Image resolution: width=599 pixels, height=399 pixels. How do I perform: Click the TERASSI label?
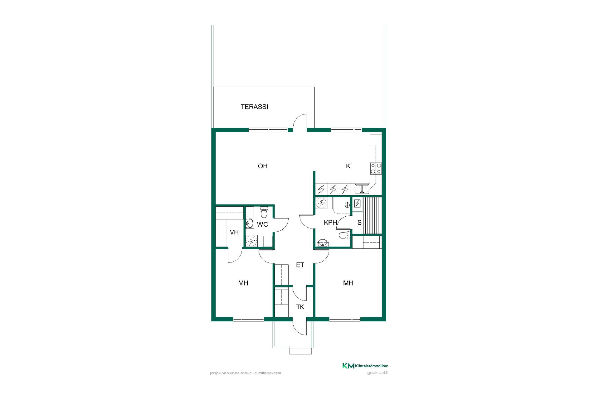coord(254,107)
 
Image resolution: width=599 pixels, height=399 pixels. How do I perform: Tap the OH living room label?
coord(263,166)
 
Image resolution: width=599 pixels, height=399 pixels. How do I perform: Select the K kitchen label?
coord(348,166)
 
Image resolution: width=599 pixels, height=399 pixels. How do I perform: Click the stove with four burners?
coord(376,168)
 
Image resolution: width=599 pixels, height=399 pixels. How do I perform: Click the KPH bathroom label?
coord(330,223)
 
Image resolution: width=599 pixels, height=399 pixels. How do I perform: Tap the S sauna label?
coord(359,223)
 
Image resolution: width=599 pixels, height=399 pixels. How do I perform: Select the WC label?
coord(262,224)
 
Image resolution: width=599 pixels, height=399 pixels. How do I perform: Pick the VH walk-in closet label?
coord(234,232)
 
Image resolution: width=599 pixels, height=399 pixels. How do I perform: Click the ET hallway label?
coord(300,265)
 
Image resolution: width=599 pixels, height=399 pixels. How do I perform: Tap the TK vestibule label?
coord(300,307)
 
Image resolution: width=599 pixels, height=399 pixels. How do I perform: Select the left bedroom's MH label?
coord(243,283)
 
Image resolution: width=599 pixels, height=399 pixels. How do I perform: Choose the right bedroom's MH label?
coord(348,283)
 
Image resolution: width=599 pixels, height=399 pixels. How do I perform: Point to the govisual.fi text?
coord(378,373)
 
